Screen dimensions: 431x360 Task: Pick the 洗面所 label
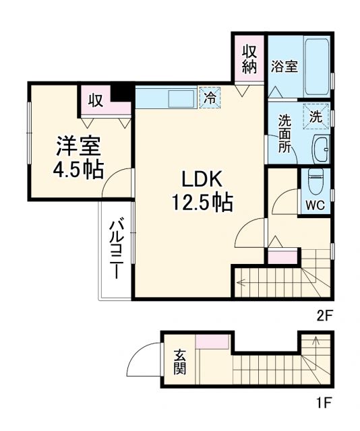click(284, 133)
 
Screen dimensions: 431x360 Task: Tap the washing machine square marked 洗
click(315, 115)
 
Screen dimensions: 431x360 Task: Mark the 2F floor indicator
click(326, 314)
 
